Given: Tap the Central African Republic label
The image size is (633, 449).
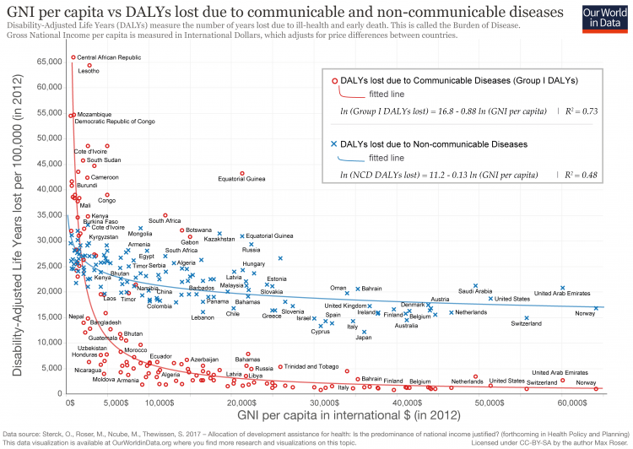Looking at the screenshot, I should click(109, 57).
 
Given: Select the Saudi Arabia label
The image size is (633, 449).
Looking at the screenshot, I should click(475, 291).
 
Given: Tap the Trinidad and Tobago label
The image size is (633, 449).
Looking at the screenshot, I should click(311, 367).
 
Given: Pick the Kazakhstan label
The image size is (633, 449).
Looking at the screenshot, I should click(219, 239).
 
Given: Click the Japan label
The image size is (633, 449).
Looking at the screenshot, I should click(364, 338).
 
